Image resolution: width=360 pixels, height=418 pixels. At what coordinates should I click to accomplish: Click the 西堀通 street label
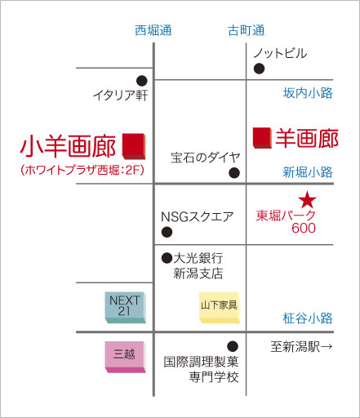pyautogui.click(x=153, y=30)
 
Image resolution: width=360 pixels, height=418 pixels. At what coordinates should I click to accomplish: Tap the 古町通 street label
pyautogui.click(x=246, y=30)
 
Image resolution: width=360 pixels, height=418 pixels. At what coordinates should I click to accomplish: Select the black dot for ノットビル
pyautogui.click(x=259, y=69)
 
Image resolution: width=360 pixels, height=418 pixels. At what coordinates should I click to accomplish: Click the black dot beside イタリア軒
pyautogui.click(x=142, y=81)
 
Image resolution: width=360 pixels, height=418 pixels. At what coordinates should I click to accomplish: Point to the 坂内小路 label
pyautogui.click(x=308, y=93)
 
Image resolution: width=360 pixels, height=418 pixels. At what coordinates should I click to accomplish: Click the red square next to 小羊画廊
pyautogui.click(x=134, y=146)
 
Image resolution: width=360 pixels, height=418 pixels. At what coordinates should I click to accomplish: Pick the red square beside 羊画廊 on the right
pyautogui.click(x=262, y=138)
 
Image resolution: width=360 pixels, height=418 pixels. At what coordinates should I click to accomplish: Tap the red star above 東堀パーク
pyautogui.click(x=307, y=200)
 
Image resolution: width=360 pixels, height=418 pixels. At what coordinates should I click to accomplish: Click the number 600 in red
pyautogui.click(x=304, y=228)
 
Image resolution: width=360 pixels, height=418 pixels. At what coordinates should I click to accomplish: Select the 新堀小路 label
pyautogui.click(x=308, y=172)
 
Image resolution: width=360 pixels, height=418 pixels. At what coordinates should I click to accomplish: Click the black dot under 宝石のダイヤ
pyautogui.click(x=234, y=172)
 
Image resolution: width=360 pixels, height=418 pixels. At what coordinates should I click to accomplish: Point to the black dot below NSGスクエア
pyautogui.click(x=167, y=232)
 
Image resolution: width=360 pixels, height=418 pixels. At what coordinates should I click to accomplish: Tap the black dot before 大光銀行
pyautogui.click(x=167, y=258)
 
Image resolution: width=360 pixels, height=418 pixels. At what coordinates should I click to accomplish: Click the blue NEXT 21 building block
pyautogui.click(x=125, y=308)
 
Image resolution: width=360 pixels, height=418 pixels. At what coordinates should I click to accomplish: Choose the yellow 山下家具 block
pyautogui.click(x=220, y=308)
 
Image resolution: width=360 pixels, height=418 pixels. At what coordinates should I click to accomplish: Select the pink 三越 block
pyautogui.click(x=125, y=357)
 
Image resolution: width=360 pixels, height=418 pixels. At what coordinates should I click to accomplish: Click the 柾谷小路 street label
pyautogui.click(x=308, y=318)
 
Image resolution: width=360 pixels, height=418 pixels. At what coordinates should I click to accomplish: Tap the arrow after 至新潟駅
pyautogui.click(x=327, y=347)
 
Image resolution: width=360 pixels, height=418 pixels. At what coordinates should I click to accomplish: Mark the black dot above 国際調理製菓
pyautogui.click(x=233, y=346)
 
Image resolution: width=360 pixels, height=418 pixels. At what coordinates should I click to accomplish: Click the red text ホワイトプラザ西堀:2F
pyautogui.click(x=82, y=171)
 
